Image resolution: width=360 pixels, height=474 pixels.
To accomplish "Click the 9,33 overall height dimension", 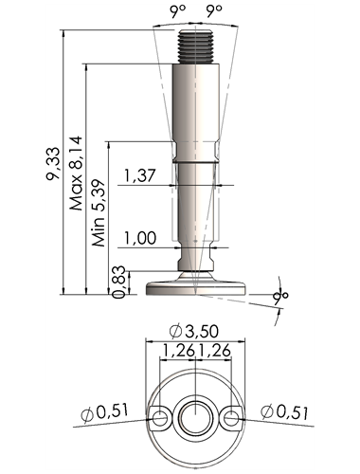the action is point(52,163).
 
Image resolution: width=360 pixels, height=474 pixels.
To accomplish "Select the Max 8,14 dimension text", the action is point(76,173).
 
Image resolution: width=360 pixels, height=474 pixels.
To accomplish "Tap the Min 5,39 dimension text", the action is point(99,213).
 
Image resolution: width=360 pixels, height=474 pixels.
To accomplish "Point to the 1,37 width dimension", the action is point(139,175).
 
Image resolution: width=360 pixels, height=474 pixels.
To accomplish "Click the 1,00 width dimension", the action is point(140,238).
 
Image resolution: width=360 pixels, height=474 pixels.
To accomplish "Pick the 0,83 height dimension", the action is point(119,283).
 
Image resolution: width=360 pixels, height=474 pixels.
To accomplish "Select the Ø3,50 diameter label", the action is point(194,331).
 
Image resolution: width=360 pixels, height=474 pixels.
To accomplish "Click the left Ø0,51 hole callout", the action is point(105,413).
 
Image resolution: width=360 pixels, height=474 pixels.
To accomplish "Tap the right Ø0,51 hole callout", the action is point(284,412).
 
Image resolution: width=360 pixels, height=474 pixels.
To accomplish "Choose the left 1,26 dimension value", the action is point(178,351).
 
